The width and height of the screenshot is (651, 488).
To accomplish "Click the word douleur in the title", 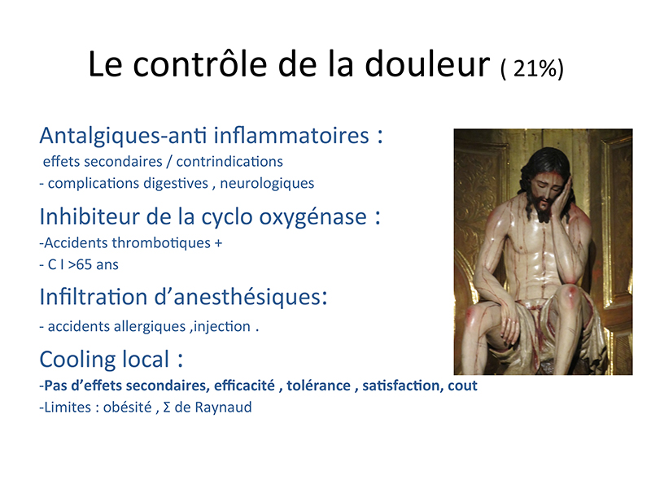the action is tap(428, 64).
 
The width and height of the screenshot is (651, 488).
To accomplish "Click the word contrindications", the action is tap(229, 161).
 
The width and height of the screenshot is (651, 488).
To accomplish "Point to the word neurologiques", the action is tap(267, 184).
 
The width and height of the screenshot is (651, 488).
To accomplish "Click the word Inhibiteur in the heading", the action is tap(90, 216).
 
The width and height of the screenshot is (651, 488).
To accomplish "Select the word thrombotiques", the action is tap(161, 242).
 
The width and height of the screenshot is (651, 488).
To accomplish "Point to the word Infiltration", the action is tap(94, 297).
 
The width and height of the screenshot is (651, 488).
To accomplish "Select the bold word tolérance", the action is tap(318, 386).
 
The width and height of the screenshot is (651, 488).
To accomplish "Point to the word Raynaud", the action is tap(223, 407).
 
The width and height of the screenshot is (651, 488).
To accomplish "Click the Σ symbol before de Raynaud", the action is tap(167, 407).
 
